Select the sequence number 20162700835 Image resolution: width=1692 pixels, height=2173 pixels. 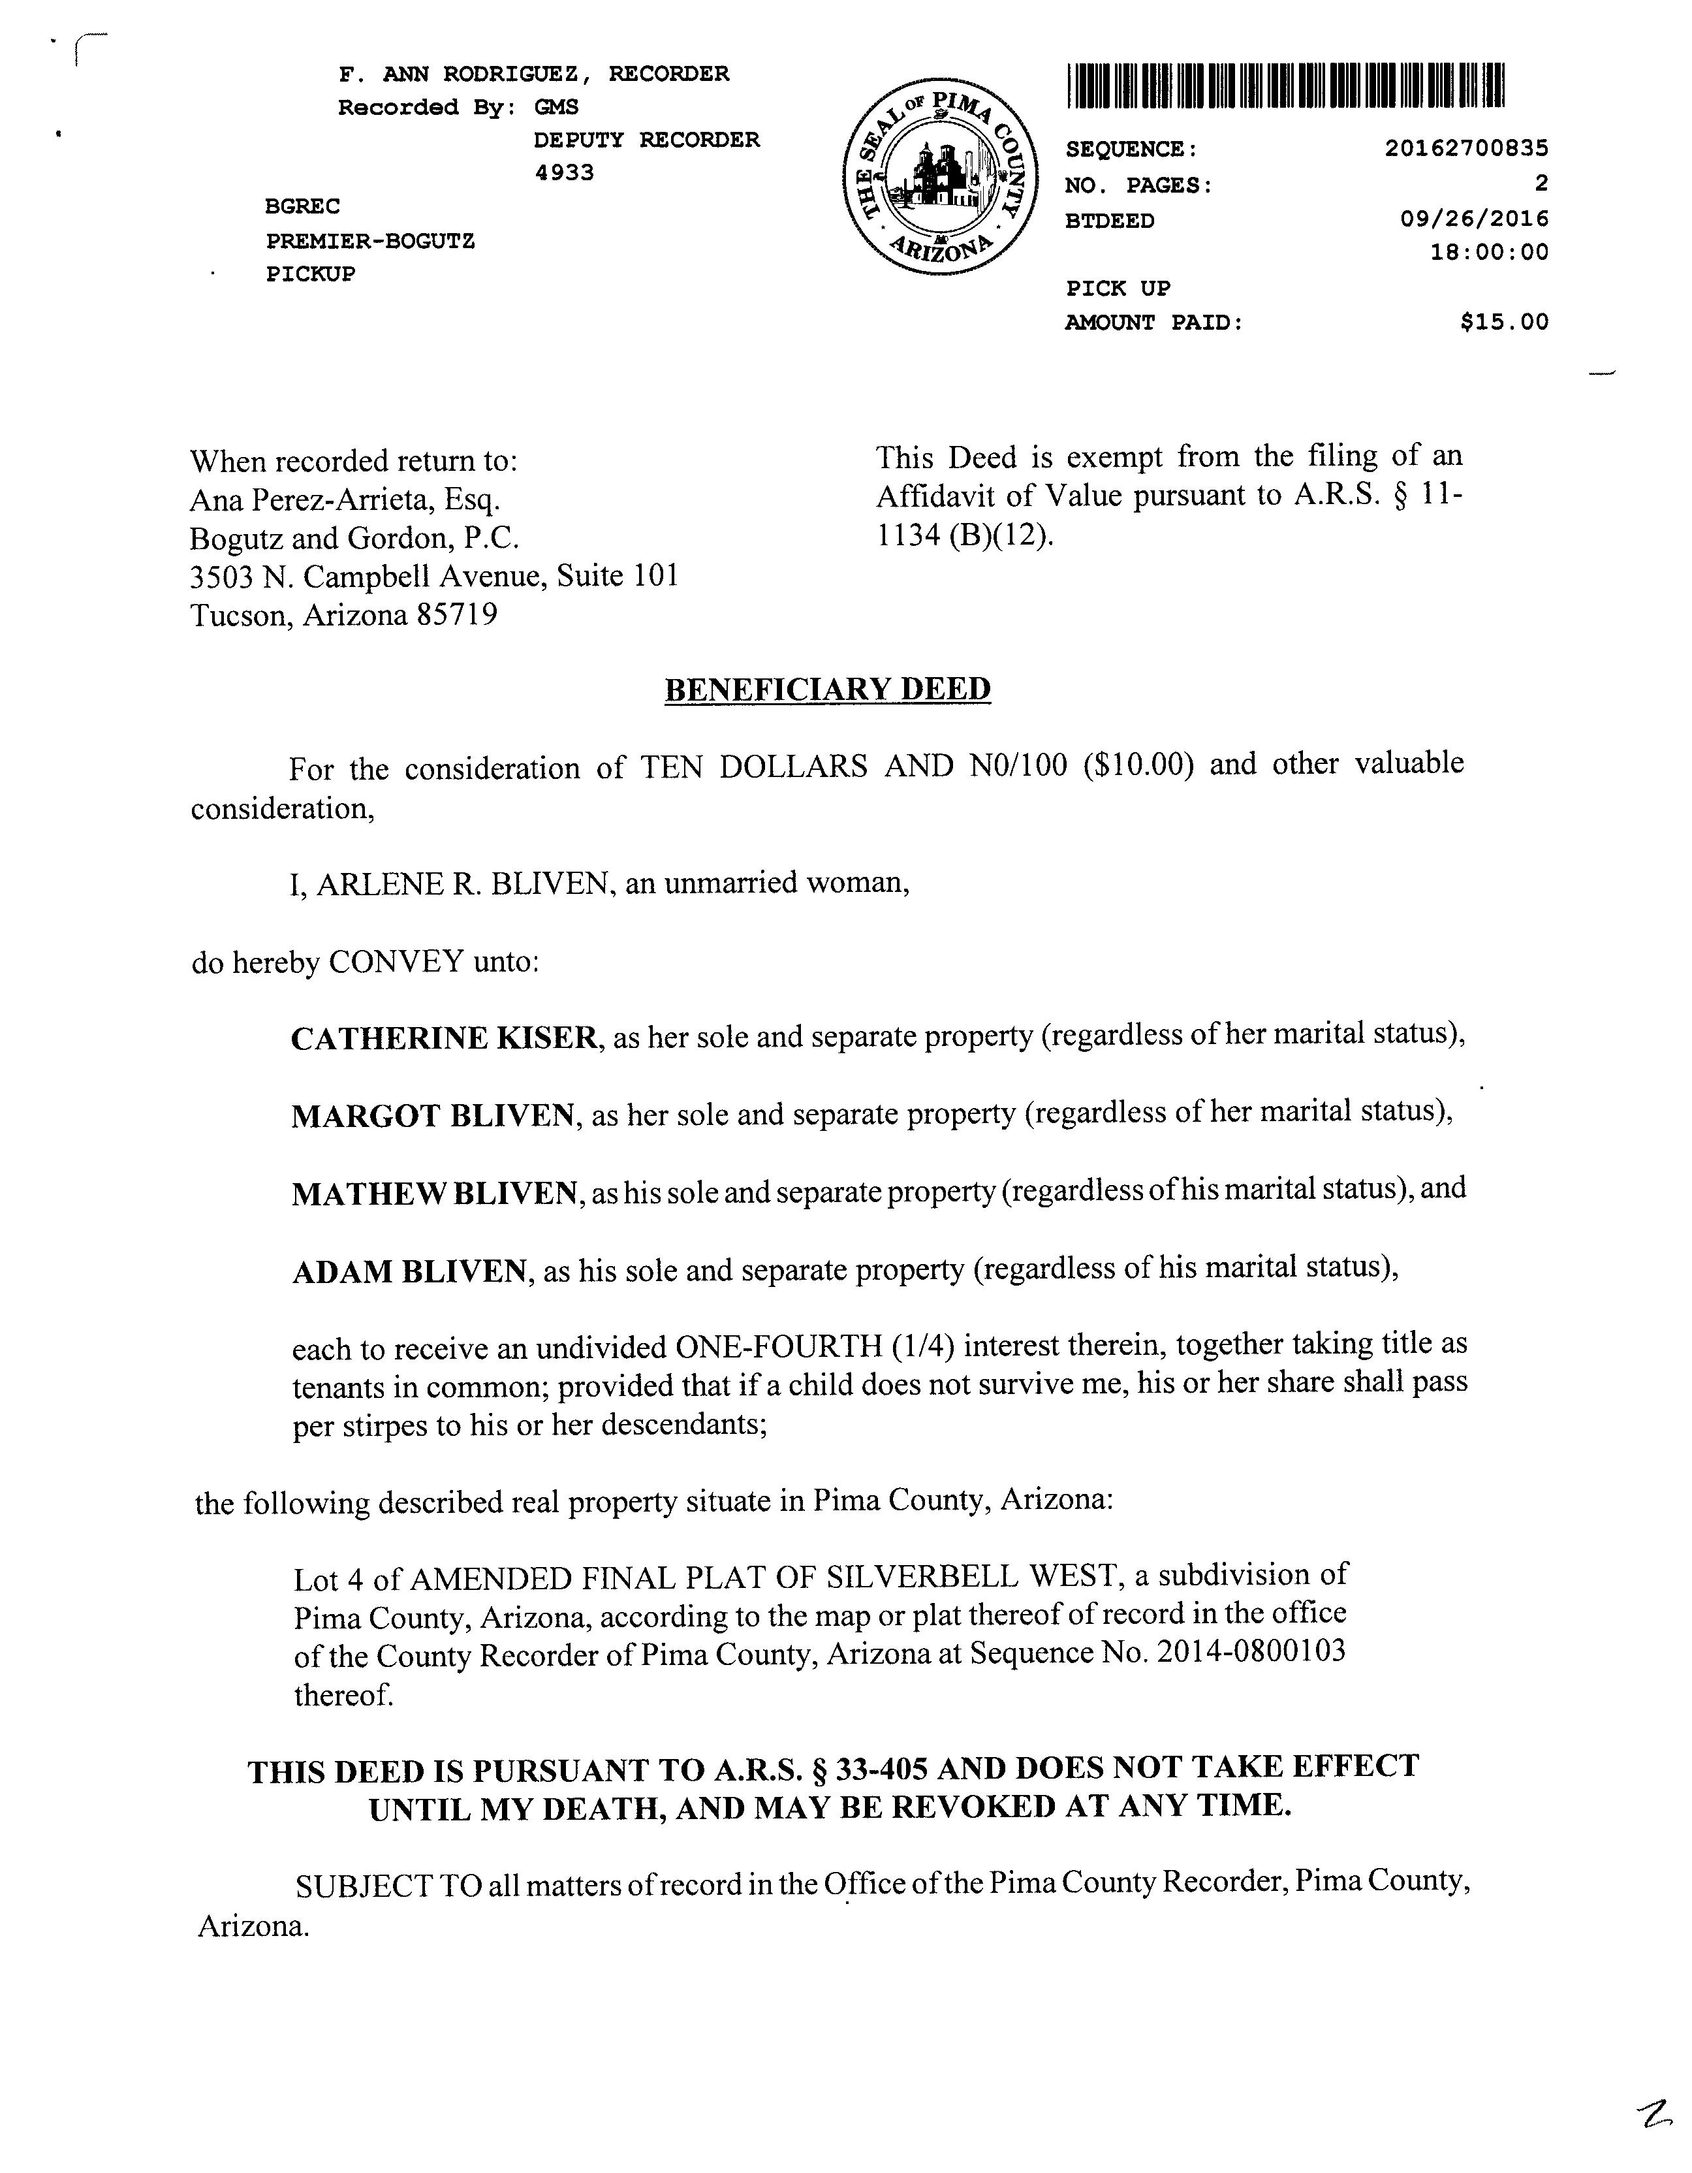point(1466,148)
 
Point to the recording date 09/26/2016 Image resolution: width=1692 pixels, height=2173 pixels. point(1474,218)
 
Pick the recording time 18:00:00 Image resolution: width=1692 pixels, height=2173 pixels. point(1489,252)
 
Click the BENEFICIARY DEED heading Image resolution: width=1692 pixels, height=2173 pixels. point(828,690)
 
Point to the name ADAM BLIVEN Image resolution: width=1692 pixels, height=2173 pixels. point(409,1271)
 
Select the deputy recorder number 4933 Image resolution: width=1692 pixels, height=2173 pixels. point(564,173)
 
